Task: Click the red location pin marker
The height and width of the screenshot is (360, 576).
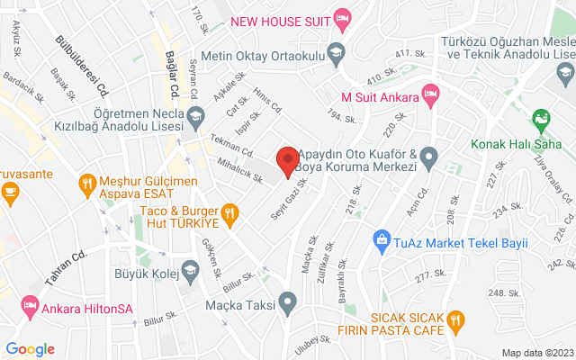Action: click(288, 161)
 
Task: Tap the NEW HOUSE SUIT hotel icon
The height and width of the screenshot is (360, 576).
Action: click(342, 17)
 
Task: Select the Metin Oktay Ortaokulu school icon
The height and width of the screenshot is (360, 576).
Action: click(337, 50)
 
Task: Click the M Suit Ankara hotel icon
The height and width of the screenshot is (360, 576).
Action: click(431, 94)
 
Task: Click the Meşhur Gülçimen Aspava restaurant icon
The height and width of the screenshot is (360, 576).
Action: click(85, 185)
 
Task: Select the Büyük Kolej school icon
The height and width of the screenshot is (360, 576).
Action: click(190, 268)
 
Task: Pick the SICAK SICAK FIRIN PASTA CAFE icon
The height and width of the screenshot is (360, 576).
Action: click(455, 319)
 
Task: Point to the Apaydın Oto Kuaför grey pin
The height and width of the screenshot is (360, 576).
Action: click(429, 159)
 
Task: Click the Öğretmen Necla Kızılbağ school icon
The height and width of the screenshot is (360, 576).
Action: click(197, 114)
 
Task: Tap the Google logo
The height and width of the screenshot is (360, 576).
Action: click(30, 349)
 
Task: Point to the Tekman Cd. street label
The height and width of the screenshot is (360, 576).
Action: click(232, 146)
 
